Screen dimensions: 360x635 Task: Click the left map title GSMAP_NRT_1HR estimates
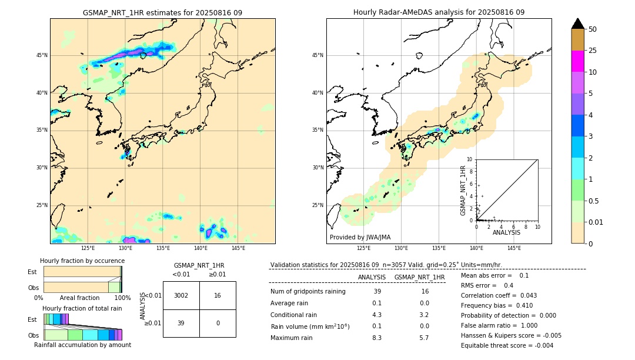162,12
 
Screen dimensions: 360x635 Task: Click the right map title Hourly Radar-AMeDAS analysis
439,12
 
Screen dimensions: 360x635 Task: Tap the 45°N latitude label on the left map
42,55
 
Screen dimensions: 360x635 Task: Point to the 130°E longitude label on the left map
125,248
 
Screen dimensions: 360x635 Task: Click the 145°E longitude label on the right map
514,248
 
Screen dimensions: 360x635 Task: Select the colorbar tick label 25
593,51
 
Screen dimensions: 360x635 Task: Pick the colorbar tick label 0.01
596,222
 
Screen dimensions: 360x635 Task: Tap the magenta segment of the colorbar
578,61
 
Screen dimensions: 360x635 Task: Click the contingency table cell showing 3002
181,295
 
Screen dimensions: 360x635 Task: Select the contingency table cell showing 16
218,295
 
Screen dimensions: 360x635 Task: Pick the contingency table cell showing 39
181,323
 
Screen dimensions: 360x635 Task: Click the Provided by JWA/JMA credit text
360,237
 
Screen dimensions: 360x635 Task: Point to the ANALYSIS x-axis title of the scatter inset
506,233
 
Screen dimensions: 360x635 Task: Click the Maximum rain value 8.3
377,338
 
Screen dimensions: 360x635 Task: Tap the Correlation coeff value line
499,295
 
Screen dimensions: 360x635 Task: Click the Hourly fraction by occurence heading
82,261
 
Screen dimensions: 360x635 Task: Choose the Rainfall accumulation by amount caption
82,345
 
